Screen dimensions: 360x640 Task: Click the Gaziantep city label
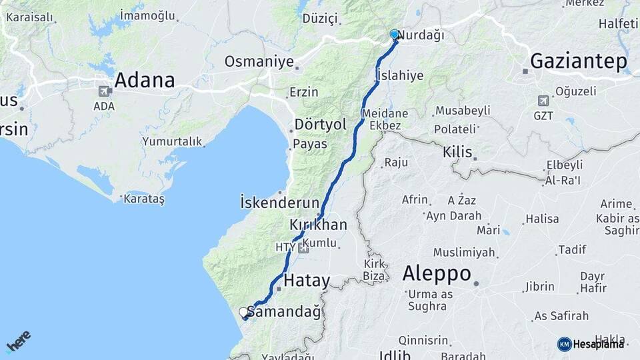(578, 63)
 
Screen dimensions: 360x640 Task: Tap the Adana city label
(145, 81)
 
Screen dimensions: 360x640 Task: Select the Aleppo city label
(437, 273)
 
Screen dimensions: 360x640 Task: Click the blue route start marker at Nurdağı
(394, 35)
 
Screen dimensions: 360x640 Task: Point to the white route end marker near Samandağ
(244, 312)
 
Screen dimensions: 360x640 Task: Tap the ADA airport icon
(104, 92)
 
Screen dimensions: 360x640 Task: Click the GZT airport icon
(543, 101)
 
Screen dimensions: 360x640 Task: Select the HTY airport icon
(304, 248)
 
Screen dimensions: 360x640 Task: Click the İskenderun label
(276, 201)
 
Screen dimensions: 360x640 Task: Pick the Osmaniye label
(259, 62)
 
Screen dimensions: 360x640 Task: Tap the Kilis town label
(457, 152)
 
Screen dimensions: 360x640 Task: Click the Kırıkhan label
(318, 225)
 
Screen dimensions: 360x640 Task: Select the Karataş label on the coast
(143, 198)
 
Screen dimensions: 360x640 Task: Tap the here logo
(19, 341)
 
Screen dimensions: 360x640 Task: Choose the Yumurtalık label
(172, 141)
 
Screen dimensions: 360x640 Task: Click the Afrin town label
(415, 199)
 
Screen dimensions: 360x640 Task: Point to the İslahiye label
(399, 75)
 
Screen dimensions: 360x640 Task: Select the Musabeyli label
(462, 111)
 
